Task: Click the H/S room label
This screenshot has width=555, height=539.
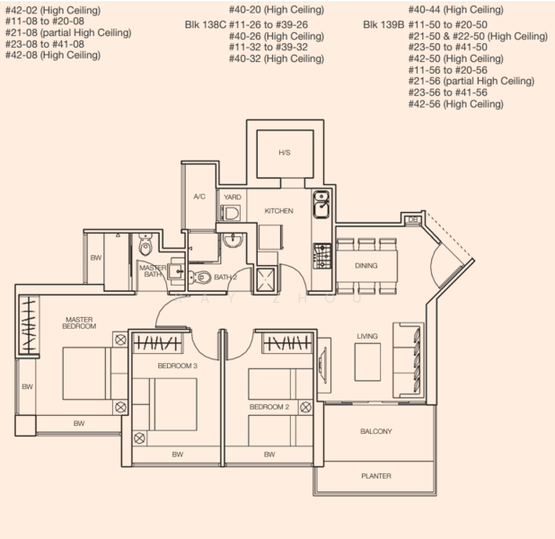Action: coord(284,153)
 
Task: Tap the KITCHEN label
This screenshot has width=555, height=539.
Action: coord(278,211)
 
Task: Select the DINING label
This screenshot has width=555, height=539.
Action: coord(366,266)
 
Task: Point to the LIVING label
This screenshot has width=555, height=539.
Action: coord(367,336)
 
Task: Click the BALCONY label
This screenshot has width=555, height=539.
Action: coord(375,432)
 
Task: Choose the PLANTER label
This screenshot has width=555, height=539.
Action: coord(375,476)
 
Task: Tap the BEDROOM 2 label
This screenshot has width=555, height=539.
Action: coord(269,407)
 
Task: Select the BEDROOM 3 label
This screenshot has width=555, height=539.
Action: coord(177,366)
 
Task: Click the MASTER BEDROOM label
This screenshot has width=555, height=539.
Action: coord(78,323)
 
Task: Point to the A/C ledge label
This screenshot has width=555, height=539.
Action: coord(200,196)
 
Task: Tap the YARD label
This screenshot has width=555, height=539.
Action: coord(233,196)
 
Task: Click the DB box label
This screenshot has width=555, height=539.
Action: coord(412,220)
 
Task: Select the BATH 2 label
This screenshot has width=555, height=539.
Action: coord(225,278)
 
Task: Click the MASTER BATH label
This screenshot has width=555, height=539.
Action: coord(152,272)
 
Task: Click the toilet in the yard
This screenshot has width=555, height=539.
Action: coord(232,213)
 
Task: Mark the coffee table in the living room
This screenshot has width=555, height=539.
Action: coord(366,362)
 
